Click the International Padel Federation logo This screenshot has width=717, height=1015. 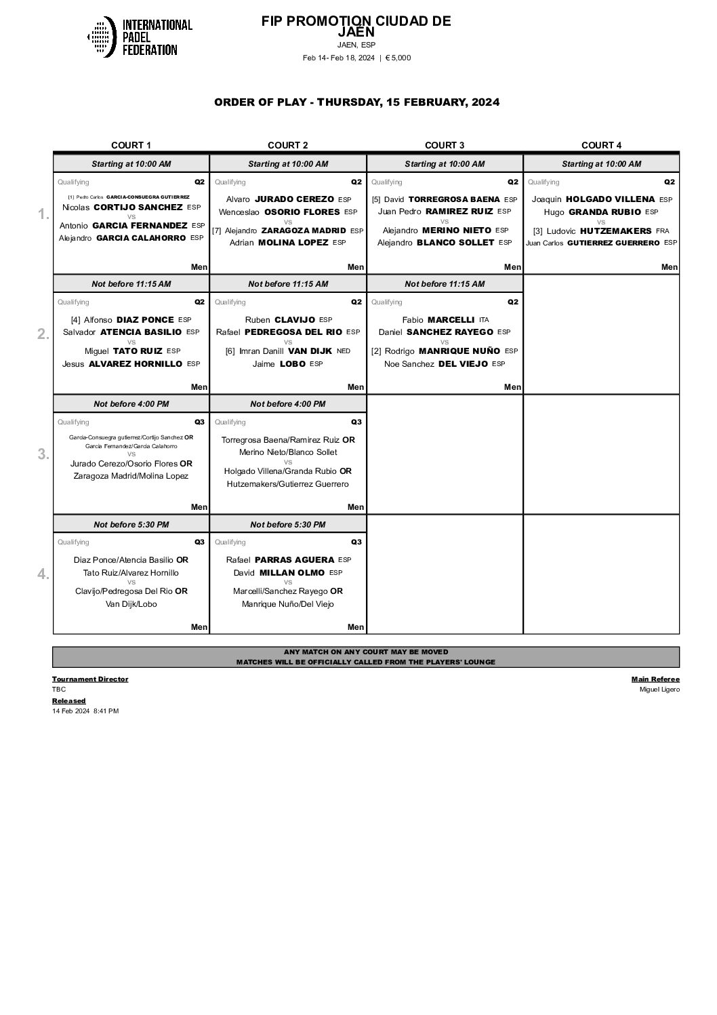pyautogui.click(x=140, y=37)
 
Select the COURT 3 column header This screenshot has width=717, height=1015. pyautogui.click(x=445, y=145)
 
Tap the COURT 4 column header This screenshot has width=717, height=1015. pyautogui.click(x=601, y=145)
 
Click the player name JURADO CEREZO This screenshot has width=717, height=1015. pyautogui.click(x=293, y=199)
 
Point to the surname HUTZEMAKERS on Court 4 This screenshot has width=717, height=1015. pyautogui.click(x=615, y=231)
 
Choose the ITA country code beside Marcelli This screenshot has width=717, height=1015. pyautogui.click(x=484, y=320)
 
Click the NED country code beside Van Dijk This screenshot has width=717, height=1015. pyautogui.click(x=344, y=351)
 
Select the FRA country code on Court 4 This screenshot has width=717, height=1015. pyautogui.click(x=662, y=231)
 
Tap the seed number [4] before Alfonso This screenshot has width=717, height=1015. pyautogui.click(x=75, y=320)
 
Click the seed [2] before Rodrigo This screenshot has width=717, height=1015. pyautogui.click(x=376, y=351)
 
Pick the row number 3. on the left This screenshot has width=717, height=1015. pyautogui.click(x=43, y=454)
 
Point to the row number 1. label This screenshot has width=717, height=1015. pyautogui.click(x=43, y=214)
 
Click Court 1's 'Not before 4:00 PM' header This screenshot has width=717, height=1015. pyautogui.click(x=131, y=404)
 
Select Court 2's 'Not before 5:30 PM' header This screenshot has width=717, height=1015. pyautogui.click(x=288, y=524)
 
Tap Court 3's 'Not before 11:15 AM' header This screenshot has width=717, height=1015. pyautogui.click(x=445, y=284)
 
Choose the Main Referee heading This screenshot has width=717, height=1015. pyautogui.click(x=655, y=679)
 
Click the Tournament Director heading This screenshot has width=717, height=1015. pyautogui.click(x=90, y=679)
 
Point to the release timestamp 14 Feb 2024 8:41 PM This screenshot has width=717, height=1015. pyautogui.click(x=85, y=711)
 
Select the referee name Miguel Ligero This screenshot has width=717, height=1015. pyautogui.click(x=659, y=690)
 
